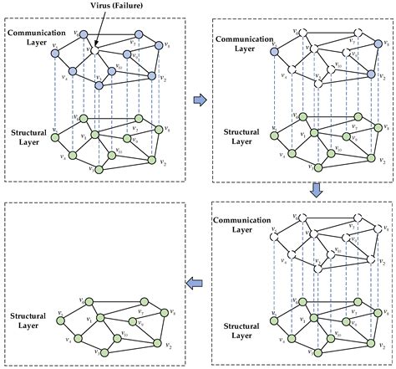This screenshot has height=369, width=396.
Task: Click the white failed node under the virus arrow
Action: (96, 50)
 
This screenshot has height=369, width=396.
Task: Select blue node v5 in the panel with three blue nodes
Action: (272, 54)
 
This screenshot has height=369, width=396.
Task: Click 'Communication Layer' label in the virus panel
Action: (32, 39)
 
